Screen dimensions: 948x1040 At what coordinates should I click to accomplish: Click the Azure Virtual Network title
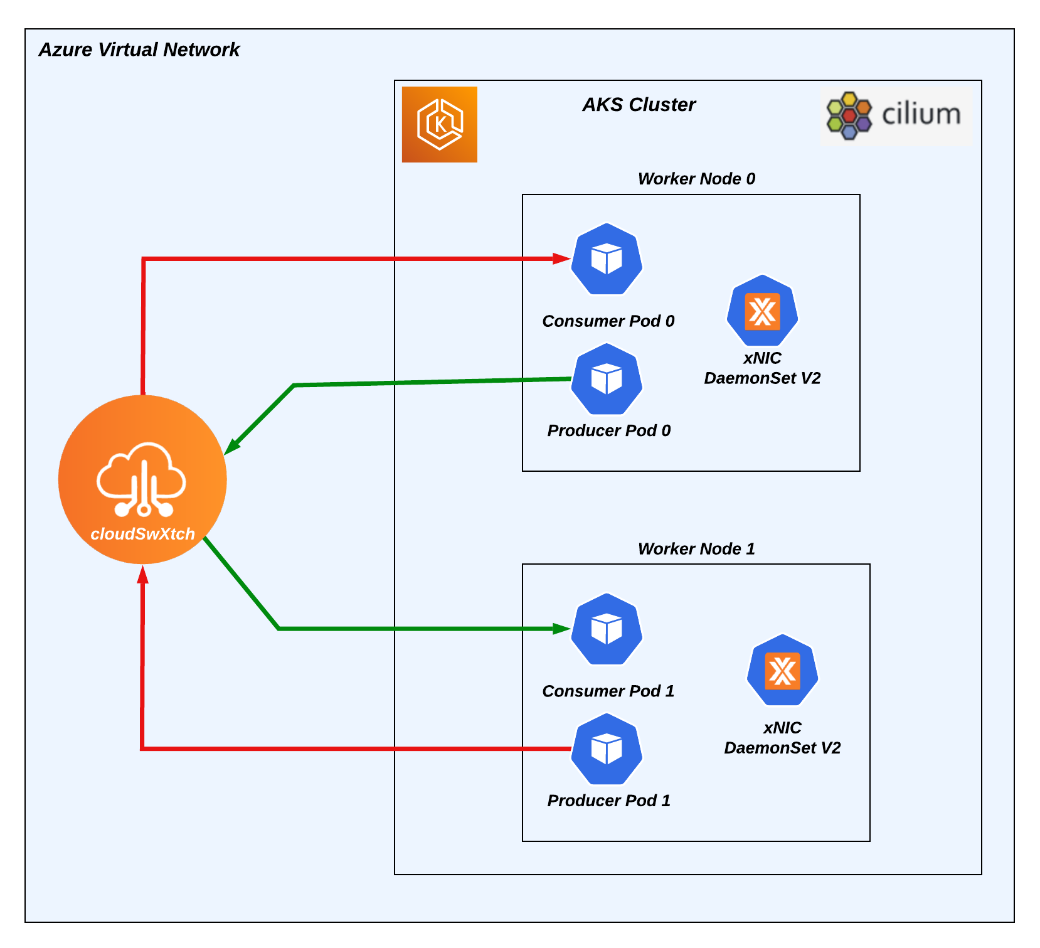coord(139,50)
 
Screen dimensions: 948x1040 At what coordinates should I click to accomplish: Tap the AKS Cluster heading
coord(639,105)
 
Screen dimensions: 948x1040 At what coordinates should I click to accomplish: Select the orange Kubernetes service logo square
coord(439,124)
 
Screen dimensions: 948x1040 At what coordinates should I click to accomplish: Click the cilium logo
coord(896,116)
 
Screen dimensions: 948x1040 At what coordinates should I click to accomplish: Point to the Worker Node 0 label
coord(696,179)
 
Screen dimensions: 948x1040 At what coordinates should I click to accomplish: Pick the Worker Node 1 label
coord(696,549)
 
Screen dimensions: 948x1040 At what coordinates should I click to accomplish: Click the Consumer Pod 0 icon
coord(607,259)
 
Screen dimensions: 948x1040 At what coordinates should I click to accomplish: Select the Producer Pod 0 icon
coord(607,379)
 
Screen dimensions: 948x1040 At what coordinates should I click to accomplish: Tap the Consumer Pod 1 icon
coord(607,629)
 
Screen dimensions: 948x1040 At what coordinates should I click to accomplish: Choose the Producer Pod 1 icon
coord(607,749)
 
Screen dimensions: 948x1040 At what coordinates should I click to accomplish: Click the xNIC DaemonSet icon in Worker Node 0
coord(762,311)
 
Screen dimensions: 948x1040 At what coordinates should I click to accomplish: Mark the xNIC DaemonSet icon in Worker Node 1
coord(782,670)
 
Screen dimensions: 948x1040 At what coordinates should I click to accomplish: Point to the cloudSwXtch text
coord(142,534)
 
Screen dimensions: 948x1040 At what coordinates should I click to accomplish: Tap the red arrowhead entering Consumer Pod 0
coord(561,258)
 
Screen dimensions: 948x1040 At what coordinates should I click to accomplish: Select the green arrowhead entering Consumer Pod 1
coord(561,629)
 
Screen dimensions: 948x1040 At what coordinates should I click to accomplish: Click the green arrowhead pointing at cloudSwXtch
coord(233,445)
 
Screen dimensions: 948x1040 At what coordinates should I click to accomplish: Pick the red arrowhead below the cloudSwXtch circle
coord(143,574)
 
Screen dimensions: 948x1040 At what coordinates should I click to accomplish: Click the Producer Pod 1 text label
coord(608,801)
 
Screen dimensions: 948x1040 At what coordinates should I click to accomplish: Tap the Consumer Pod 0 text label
coord(608,321)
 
